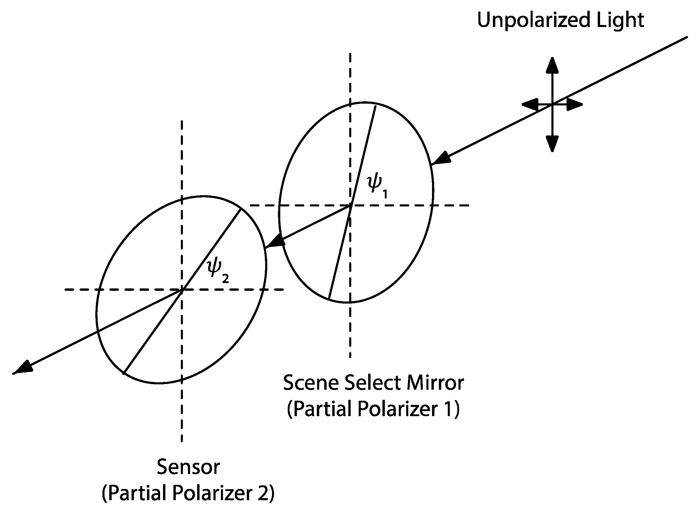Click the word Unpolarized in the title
point(533,20)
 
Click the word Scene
point(311,383)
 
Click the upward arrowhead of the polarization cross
point(552,65)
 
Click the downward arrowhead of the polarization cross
point(552,143)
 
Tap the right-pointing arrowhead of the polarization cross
point(575,105)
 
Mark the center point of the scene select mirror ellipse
point(350,205)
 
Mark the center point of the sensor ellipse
point(182,290)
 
